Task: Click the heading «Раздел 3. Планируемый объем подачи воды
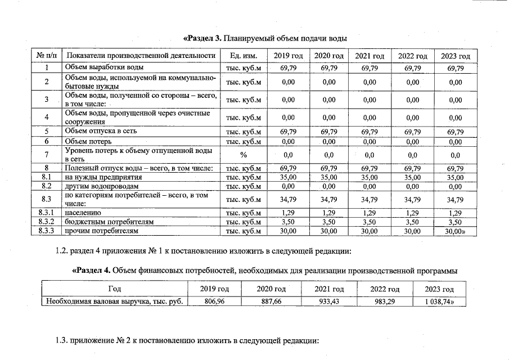coord(264,38)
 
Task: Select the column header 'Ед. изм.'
coord(244,56)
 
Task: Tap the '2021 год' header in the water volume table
coord(370,56)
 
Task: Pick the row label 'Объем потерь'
coord(92,141)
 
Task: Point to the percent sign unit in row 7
coord(244,154)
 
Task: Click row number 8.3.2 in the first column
coord(47,222)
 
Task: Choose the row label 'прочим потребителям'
coord(101,231)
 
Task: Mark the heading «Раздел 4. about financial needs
coord(264,271)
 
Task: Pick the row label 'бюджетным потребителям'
coord(109,222)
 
